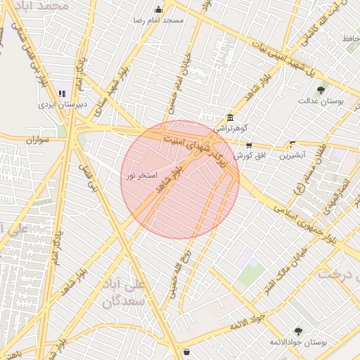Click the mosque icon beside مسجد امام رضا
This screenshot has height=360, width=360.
click(157, 10)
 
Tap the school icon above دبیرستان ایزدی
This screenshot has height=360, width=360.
click(62, 94)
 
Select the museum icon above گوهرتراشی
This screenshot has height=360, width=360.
click(230, 117)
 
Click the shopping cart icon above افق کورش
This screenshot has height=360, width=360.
click(249, 145)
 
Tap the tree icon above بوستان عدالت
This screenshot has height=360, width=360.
click(321, 90)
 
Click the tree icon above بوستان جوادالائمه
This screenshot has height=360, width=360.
click(298, 330)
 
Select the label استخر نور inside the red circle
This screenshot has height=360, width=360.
click(141, 174)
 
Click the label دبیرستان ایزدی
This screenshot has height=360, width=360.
click(63, 104)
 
